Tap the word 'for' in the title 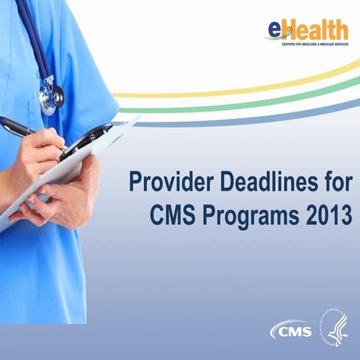[x=334, y=182]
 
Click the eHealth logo [x=307, y=31]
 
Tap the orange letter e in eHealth [x=274, y=29]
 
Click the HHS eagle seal [x=335, y=328]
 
